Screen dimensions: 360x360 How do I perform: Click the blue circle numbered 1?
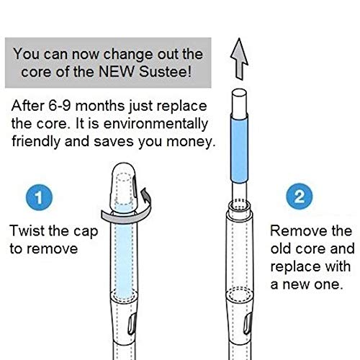click(x=39, y=197)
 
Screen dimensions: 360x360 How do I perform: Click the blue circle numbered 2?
click(x=300, y=197)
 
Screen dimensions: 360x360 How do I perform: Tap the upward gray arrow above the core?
click(x=239, y=59)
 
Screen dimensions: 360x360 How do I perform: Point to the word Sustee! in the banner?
click(x=166, y=71)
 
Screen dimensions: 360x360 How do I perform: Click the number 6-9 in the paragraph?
click(x=60, y=106)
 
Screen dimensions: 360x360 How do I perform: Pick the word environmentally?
click(x=156, y=124)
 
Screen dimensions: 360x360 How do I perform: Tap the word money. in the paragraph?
click(x=191, y=142)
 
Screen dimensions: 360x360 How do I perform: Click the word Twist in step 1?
click(x=27, y=231)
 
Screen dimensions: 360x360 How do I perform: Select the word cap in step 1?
click(x=86, y=232)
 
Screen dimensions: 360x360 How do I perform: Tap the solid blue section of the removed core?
click(x=239, y=148)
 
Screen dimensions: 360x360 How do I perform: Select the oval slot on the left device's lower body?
click(x=132, y=325)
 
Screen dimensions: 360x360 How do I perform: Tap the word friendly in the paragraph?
click(x=36, y=142)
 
